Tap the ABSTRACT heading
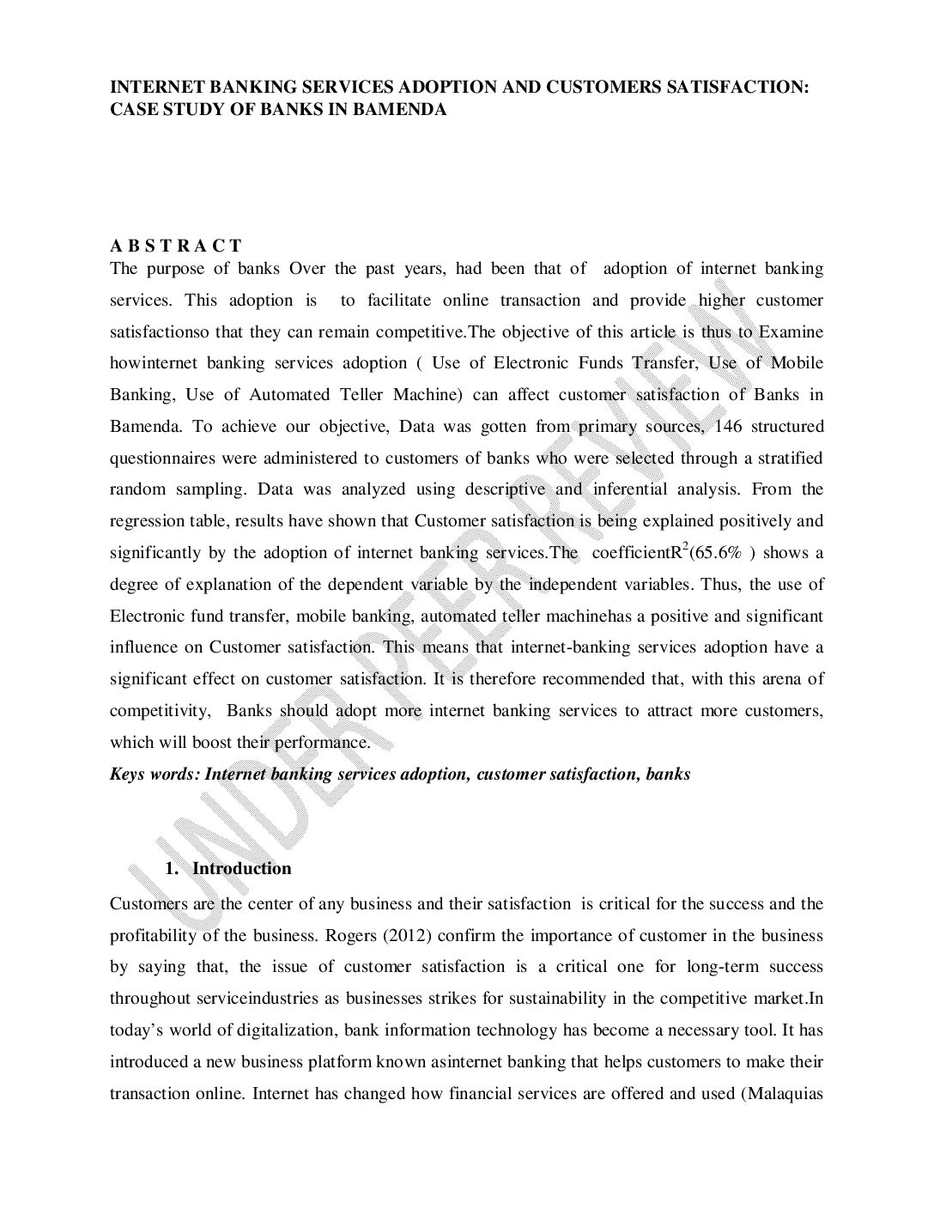(x=176, y=246)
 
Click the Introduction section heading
(x=241, y=868)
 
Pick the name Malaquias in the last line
(x=787, y=1093)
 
